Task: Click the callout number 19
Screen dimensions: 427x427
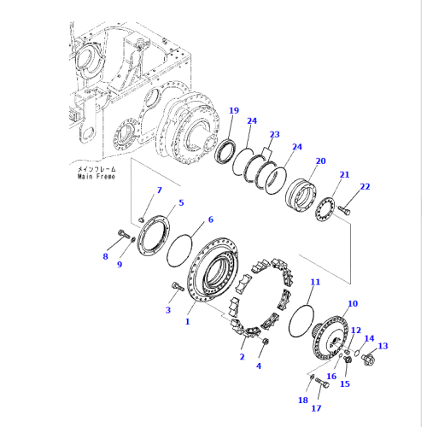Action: pyautogui.click(x=233, y=110)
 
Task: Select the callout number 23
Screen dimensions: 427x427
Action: pyautogui.click(x=274, y=134)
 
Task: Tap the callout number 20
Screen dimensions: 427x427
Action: pyautogui.click(x=319, y=161)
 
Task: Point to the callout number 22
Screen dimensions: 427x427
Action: pyautogui.click(x=365, y=187)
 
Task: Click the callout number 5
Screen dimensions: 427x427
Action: pyautogui.click(x=180, y=202)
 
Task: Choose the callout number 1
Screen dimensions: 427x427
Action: pyautogui.click(x=189, y=323)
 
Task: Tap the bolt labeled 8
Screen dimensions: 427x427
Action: pyautogui.click(x=121, y=235)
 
